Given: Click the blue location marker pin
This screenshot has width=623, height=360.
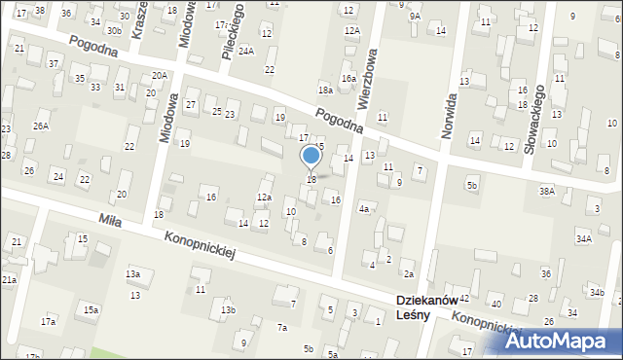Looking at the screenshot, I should pos(311,157).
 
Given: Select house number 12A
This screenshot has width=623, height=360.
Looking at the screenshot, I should pos(351,30).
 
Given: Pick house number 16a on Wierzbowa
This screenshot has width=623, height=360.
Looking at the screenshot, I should pos(347,78).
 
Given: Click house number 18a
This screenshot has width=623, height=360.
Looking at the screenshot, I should pos(324,90).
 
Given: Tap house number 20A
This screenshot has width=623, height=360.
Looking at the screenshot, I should pos(159,75).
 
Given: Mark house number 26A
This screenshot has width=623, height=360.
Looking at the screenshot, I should pos(40,126).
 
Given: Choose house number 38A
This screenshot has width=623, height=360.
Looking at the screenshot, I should pos(547,192).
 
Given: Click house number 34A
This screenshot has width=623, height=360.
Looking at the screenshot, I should pos(583,238).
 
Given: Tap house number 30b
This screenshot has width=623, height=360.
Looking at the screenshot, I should pos(114,30).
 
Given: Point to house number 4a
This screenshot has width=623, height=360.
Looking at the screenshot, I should pos(364,208).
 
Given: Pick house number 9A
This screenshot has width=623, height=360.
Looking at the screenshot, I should pos(415,17).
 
